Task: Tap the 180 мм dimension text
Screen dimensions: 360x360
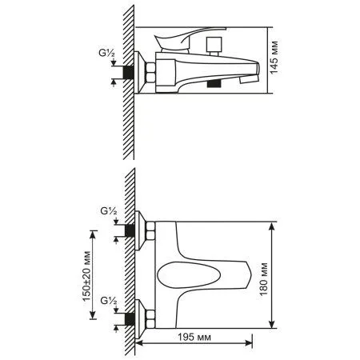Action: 286,274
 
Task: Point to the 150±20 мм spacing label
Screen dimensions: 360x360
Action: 86,274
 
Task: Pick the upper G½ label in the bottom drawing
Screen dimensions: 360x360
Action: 110,211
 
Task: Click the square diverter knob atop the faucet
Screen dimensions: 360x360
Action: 214,43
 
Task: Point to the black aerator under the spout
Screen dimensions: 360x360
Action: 213,83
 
